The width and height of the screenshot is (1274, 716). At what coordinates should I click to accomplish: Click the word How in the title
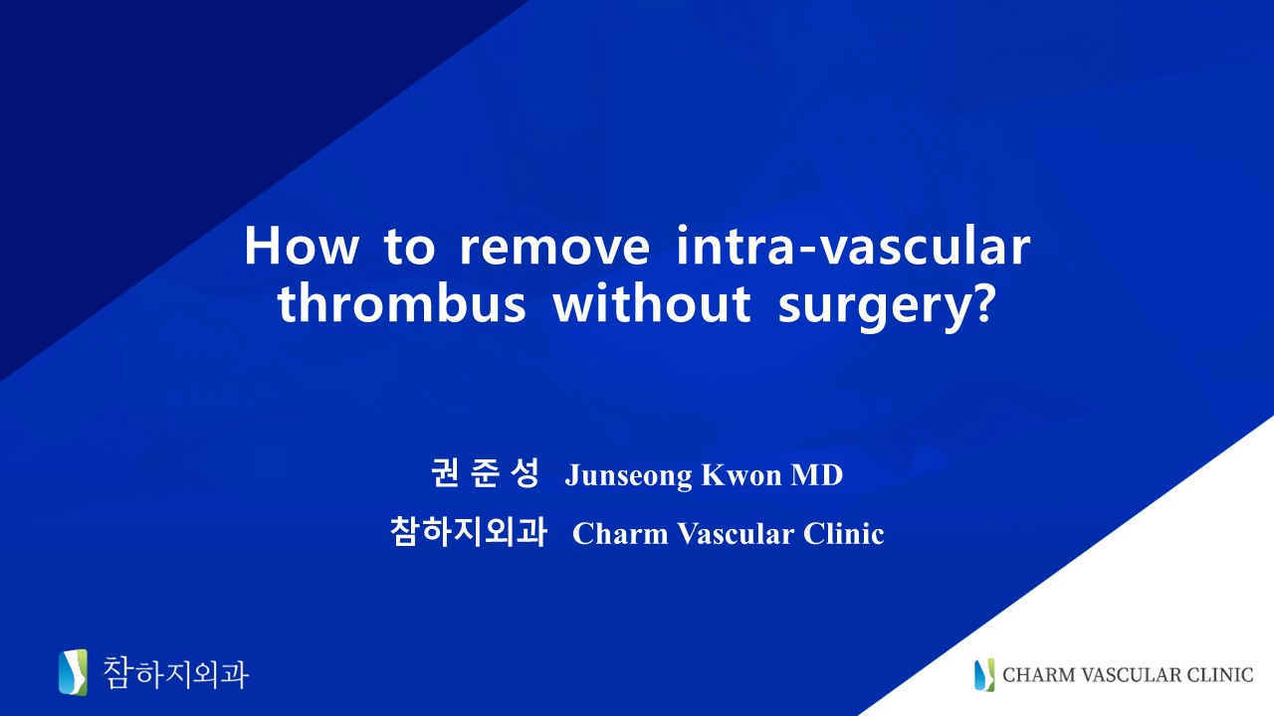tap(302, 246)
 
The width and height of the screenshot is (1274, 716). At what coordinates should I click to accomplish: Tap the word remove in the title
tap(554, 247)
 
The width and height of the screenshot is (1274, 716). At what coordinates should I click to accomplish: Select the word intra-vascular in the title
tap(853, 246)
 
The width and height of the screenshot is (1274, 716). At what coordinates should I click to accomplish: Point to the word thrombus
tap(401, 303)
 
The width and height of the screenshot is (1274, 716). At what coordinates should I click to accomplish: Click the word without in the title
tap(652, 303)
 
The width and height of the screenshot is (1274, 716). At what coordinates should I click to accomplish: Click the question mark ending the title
tap(982, 303)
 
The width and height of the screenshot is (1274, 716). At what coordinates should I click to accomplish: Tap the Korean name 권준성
tap(485, 472)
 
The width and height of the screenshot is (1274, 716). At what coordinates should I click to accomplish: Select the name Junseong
tap(628, 475)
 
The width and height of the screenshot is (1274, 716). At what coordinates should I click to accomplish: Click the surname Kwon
tap(742, 474)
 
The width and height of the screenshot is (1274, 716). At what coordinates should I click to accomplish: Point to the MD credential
tap(817, 474)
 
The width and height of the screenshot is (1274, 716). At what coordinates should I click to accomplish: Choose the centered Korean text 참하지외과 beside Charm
tap(469, 531)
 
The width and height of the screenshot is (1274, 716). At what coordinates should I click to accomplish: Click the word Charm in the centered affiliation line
tap(620, 533)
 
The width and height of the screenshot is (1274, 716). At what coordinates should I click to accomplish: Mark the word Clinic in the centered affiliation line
tap(843, 533)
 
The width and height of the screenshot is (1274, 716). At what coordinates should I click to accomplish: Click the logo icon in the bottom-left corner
tap(74, 672)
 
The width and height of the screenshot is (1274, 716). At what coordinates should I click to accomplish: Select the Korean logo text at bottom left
tap(175, 673)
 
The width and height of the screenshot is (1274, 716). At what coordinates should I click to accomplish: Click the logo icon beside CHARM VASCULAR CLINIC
tap(984, 674)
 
